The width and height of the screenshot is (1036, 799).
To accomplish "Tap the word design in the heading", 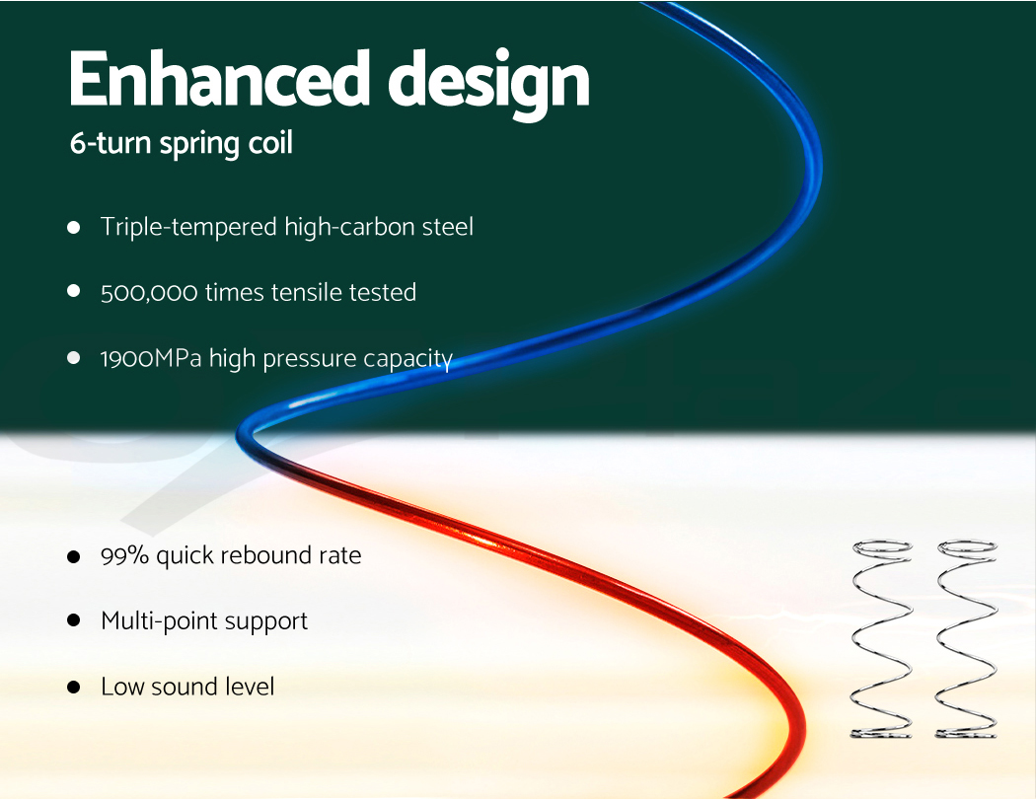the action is [x=488, y=84].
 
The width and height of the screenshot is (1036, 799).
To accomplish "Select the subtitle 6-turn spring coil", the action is [x=181, y=143].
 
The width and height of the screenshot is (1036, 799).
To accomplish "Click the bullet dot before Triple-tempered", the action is [x=73, y=228].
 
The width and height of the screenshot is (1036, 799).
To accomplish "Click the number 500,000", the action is [x=149, y=293].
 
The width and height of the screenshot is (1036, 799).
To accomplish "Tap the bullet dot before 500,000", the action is [x=73, y=291].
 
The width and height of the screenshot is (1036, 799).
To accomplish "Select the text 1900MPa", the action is [x=151, y=358].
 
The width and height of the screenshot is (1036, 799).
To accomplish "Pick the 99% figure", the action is [x=124, y=555].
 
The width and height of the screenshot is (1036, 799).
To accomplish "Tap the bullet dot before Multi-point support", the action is [x=73, y=620].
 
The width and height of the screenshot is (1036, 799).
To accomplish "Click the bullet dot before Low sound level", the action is [x=73, y=687].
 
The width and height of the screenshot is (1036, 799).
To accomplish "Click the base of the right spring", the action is [x=966, y=732].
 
